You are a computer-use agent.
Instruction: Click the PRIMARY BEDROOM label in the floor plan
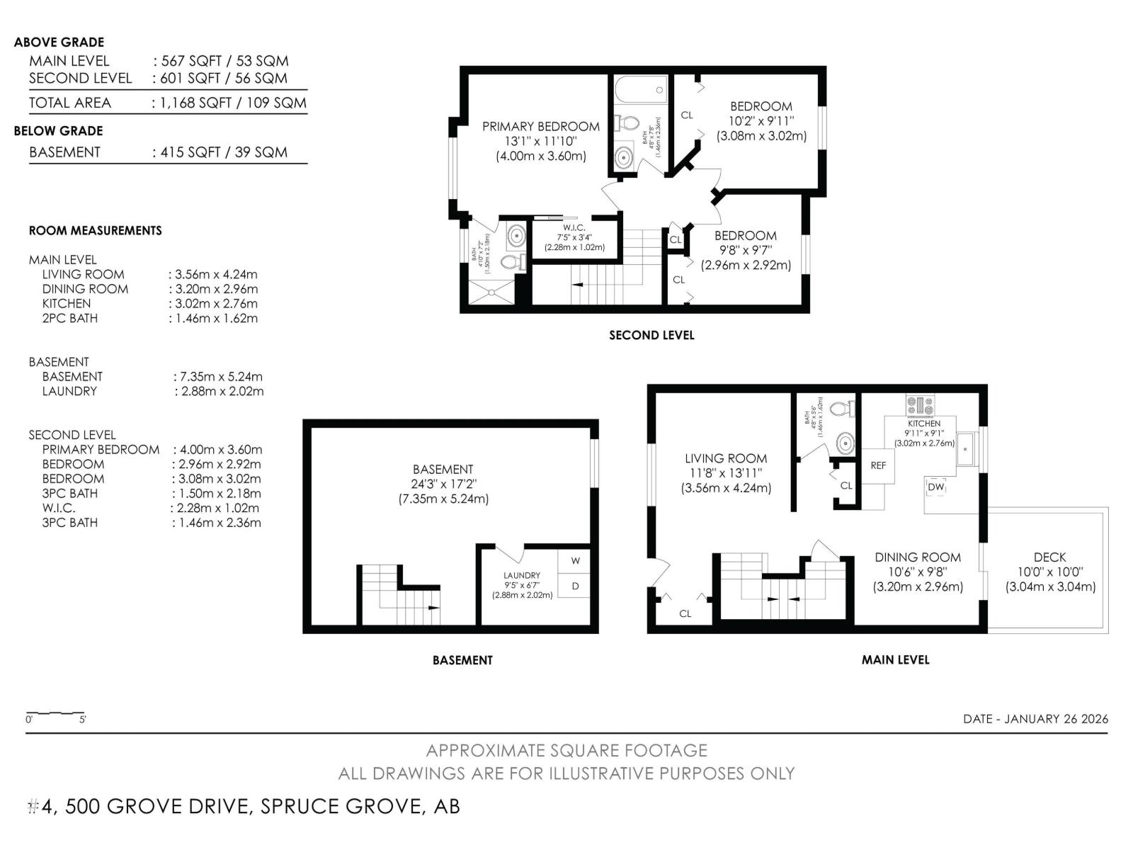pos(540,127)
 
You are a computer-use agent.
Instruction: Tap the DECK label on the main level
pos(1049,557)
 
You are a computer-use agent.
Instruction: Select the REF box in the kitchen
pos(878,465)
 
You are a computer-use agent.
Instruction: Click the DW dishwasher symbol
pos(936,487)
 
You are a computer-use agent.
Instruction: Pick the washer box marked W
pos(575,561)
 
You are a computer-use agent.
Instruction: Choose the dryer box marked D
pos(575,586)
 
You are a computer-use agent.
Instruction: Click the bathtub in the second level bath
pos(641,90)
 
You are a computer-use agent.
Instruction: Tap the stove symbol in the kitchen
pos(920,405)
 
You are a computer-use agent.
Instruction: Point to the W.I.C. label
pos(574,227)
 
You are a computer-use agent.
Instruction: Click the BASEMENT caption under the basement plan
pos(462,660)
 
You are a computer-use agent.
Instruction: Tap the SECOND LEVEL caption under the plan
pos(651,335)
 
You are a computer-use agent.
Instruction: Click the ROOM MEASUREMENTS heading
pos(95,230)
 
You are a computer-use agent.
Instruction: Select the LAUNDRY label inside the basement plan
pos(522,575)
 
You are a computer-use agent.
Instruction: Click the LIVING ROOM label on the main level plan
pos(726,458)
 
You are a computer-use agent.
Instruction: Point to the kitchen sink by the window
pos(965,448)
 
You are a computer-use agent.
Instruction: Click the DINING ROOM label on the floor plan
pos(917,557)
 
